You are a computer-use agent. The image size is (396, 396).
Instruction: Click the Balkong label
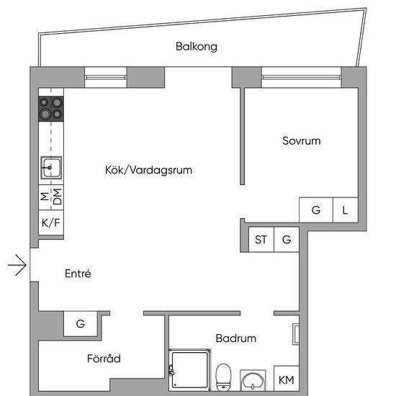(x=197, y=47)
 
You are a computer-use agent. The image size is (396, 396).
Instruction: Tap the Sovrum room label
(x=302, y=140)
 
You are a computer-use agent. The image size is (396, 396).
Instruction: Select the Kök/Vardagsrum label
(x=148, y=170)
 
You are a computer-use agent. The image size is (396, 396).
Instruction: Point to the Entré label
(x=78, y=274)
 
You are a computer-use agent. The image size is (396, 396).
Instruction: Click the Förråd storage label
(x=104, y=359)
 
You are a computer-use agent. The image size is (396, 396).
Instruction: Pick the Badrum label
(x=236, y=338)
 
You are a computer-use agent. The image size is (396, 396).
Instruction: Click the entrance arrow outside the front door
(x=17, y=265)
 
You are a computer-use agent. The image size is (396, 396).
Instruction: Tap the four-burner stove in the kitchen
(x=51, y=109)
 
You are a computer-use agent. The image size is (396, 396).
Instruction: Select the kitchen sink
(x=51, y=168)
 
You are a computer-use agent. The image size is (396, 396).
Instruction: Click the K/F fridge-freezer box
(x=51, y=222)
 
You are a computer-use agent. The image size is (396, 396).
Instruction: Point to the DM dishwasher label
(x=58, y=197)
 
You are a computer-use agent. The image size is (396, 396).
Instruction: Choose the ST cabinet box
(x=261, y=240)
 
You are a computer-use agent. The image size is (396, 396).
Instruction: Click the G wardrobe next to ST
(x=287, y=240)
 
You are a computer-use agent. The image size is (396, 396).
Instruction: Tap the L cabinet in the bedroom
(x=345, y=210)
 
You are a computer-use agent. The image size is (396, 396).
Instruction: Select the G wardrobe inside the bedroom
(x=316, y=210)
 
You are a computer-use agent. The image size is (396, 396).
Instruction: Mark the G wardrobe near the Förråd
(x=81, y=324)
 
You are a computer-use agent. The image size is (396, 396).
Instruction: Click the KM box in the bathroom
(x=287, y=379)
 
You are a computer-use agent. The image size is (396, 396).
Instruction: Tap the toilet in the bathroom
(x=223, y=377)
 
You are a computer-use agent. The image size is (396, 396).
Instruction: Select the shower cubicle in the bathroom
(x=189, y=370)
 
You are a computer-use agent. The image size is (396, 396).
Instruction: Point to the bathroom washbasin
(x=253, y=381)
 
